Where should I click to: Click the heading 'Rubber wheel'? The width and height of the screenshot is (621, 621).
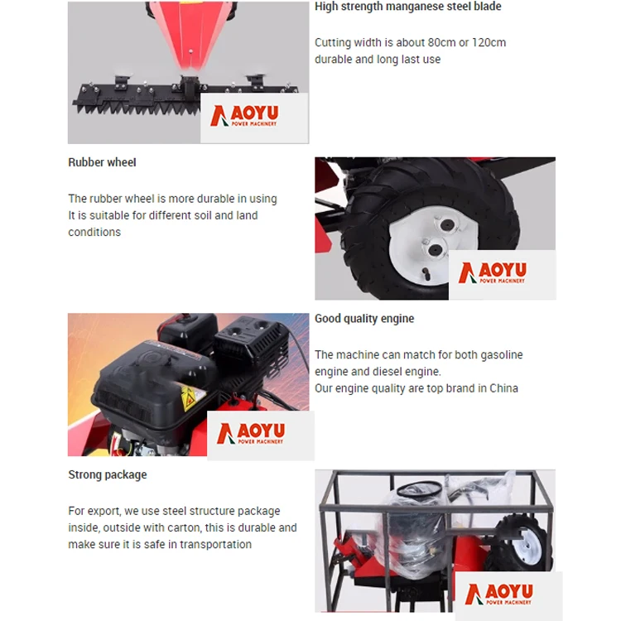(x=102, y=162)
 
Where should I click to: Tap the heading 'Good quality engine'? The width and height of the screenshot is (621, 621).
(x=364, y=319)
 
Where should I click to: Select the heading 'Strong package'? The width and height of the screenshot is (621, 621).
(x=108, y=474)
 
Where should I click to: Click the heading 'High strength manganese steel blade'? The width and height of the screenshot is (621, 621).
(x=408, y=7)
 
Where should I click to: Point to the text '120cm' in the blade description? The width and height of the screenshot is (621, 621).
(x=489, y=42)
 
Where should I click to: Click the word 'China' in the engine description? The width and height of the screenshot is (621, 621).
(x=503, y=388)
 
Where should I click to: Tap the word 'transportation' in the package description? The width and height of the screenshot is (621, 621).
(x=215, y=544)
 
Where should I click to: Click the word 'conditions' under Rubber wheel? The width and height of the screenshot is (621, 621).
(x=94, y=232)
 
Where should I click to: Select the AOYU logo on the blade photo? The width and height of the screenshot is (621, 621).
(x=244, y=116)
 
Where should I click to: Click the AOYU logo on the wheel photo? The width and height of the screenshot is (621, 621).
(x=493, y=272)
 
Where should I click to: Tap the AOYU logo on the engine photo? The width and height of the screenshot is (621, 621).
(x=251, y=433)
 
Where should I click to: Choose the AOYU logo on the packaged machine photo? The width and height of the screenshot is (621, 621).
(x=499, y=594)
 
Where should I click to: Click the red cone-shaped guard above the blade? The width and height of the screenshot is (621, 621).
(x=191, y=34)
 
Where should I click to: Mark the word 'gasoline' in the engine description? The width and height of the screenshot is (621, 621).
(x=502, y=355)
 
